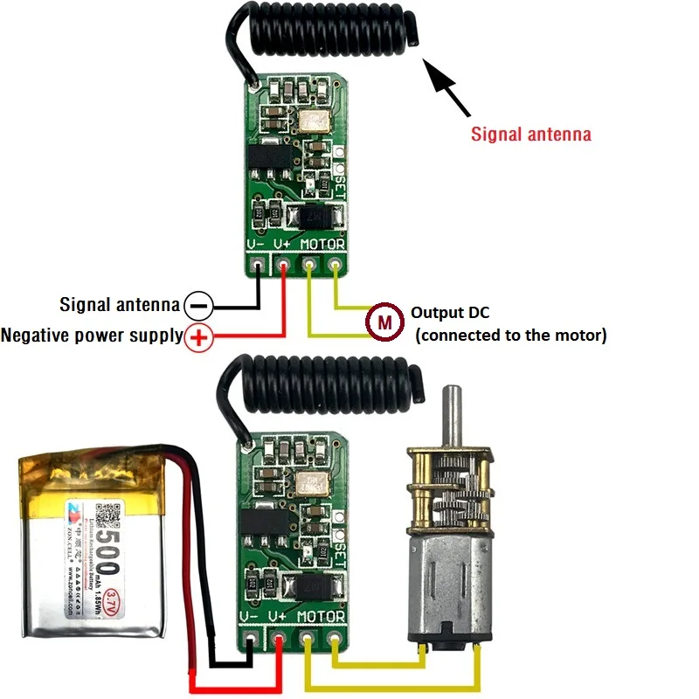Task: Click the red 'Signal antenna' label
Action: click(x=531, y=135)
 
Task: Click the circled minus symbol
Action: click(x=199, y=306)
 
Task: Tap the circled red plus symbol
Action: click(x=199, y=336)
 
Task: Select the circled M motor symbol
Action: click(x=383, y=322)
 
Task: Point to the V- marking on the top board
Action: click(x=256, y=245)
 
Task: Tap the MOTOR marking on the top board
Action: click(x=322, y=245)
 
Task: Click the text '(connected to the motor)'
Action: click(x=510, y=335)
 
